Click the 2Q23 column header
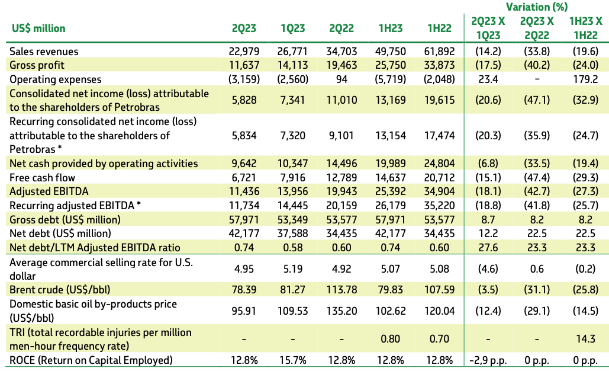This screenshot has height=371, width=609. click(244, 28)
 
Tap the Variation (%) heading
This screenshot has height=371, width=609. click(536, 7)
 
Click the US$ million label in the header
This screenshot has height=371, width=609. click(39, 28)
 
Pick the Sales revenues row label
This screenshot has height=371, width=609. click(44, 52)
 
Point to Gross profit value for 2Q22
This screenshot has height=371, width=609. click(341, 65)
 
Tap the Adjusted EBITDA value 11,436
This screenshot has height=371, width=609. click(244, 191)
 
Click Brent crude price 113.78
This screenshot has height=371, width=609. click(341, 290)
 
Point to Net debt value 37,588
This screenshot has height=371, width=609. click(292, 234)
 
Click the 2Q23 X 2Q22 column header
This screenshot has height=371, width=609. click(537, 28)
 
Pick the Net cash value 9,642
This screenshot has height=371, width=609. click(244, 164)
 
